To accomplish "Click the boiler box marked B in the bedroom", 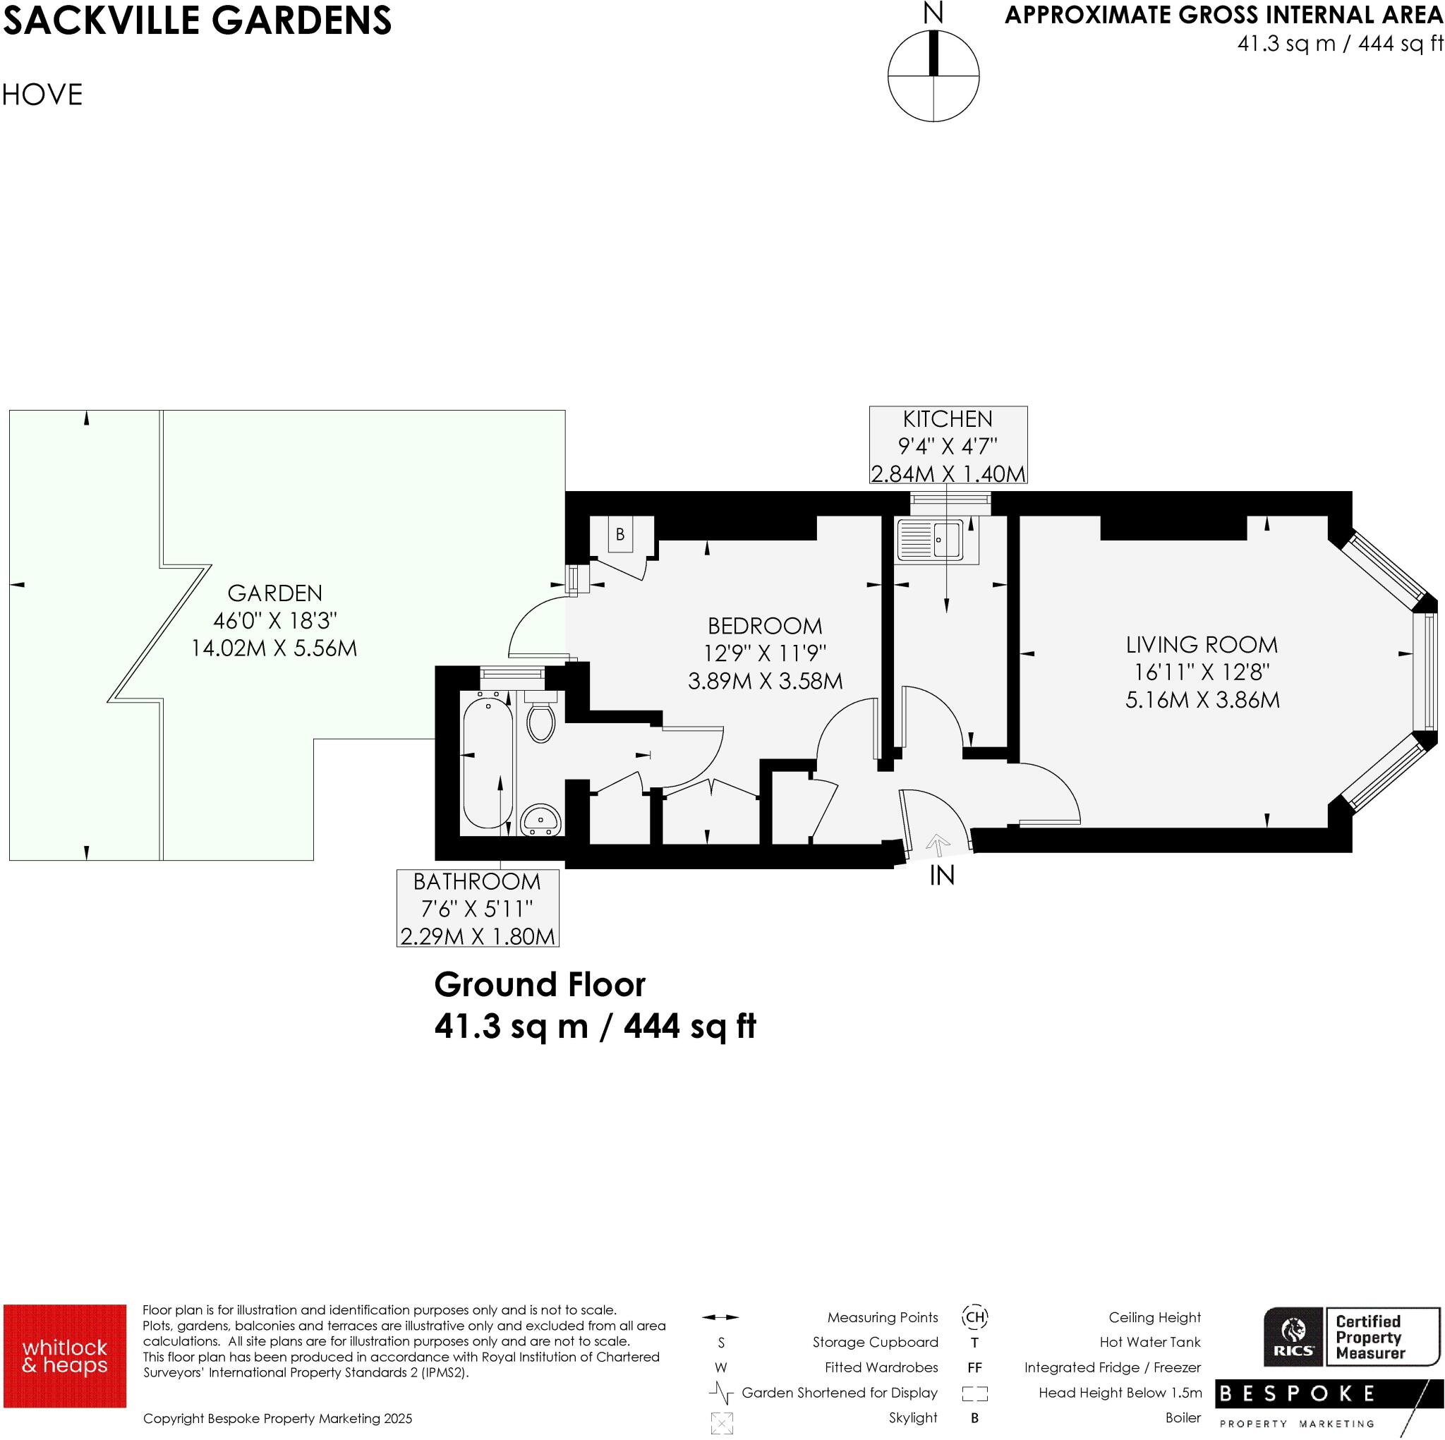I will tap(620, 534).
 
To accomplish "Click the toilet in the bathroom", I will tap(540, 719).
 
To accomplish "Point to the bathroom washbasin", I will tap(540, 819).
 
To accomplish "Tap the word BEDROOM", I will tap(764, 625).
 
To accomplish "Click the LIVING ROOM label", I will tap(1201, 644).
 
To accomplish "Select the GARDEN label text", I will tap(274, 593).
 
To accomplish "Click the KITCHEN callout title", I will tap(947, 419).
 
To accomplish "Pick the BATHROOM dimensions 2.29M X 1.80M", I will tap(477, 936).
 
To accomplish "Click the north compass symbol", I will tap(933, 75).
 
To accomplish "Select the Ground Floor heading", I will tap(539, 984).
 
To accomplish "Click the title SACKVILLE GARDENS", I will tap(197, 20).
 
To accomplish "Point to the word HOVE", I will tap(42, 95).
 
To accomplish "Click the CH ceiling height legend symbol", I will tap(974, 1317).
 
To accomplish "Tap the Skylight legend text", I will tap(912, 1417).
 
